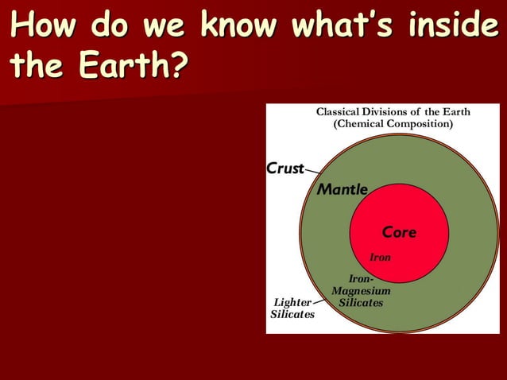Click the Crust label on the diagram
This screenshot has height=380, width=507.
[x=285, y=169]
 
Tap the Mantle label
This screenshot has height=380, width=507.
[x=343, y=190]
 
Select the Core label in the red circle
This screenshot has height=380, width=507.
[x=399, y=232]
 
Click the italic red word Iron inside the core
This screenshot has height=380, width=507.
[x=381, y=258]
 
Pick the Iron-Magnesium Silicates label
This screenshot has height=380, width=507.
[x=361, y=291]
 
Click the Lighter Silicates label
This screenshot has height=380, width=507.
[x=292, y=308]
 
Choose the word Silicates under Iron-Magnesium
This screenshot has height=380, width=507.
[x=361, y=303]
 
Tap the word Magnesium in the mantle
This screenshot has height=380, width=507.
[x=361, y=291]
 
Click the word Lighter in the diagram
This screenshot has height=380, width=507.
[x=292, y=303]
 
